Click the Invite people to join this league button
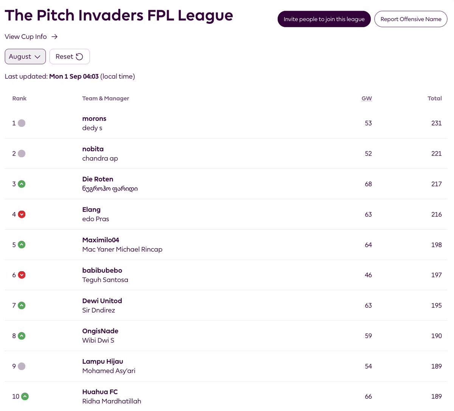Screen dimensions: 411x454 pos(324,19)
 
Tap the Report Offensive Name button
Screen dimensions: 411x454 pos(411,19)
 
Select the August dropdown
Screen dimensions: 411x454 pos(25,57)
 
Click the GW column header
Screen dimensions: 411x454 pos(367,98)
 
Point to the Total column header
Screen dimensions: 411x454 pos(434,98)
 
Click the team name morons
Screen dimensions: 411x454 pos(94,119)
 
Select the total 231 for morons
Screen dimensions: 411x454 pos(436,123)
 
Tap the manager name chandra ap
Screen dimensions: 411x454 pos(100,158)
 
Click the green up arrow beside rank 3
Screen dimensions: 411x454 pos(22,184)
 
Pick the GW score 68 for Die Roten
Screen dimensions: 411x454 pos(368,184)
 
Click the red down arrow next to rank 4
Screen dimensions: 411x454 pos(22,214)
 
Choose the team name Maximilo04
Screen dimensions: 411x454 pos(101,240)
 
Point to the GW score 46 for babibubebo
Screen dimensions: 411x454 pos(368,275)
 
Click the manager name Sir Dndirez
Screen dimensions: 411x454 pos(98,310)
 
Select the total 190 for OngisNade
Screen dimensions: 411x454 pos(436,336)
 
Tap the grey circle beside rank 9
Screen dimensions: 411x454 pos(22,366)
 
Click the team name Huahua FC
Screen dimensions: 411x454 pos(100,392)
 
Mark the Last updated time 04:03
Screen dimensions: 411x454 pos(91,76)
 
